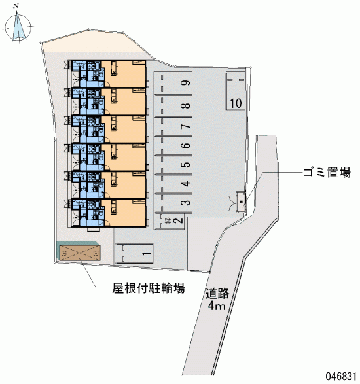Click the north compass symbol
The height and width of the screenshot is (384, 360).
coord(18,26)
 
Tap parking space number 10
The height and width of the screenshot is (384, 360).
coord(236,91)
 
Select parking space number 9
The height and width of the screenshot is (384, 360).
coord(173,83)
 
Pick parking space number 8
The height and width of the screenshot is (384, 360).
coord(173,106)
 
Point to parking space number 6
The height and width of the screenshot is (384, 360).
coord(173,145)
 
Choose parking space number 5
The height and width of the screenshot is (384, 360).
coord(173,165)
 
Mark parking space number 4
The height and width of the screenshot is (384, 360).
coord(173,184)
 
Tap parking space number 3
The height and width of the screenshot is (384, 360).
coord(173,203)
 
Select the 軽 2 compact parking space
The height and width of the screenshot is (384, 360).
coord(169,221)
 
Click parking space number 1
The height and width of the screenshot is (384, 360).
coord(134,253)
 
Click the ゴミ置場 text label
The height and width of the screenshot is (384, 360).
coord(327,173)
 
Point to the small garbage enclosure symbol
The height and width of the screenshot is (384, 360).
coord(241,202)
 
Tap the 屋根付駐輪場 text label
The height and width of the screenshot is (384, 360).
coord(149,288)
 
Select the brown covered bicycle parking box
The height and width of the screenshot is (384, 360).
coord(80,253)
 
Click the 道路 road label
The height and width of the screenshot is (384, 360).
coord(217,294)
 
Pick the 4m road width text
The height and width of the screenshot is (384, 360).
coord(216,305)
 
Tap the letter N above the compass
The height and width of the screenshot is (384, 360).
coord(16,6)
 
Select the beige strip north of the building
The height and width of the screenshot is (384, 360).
coord(93,42)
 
